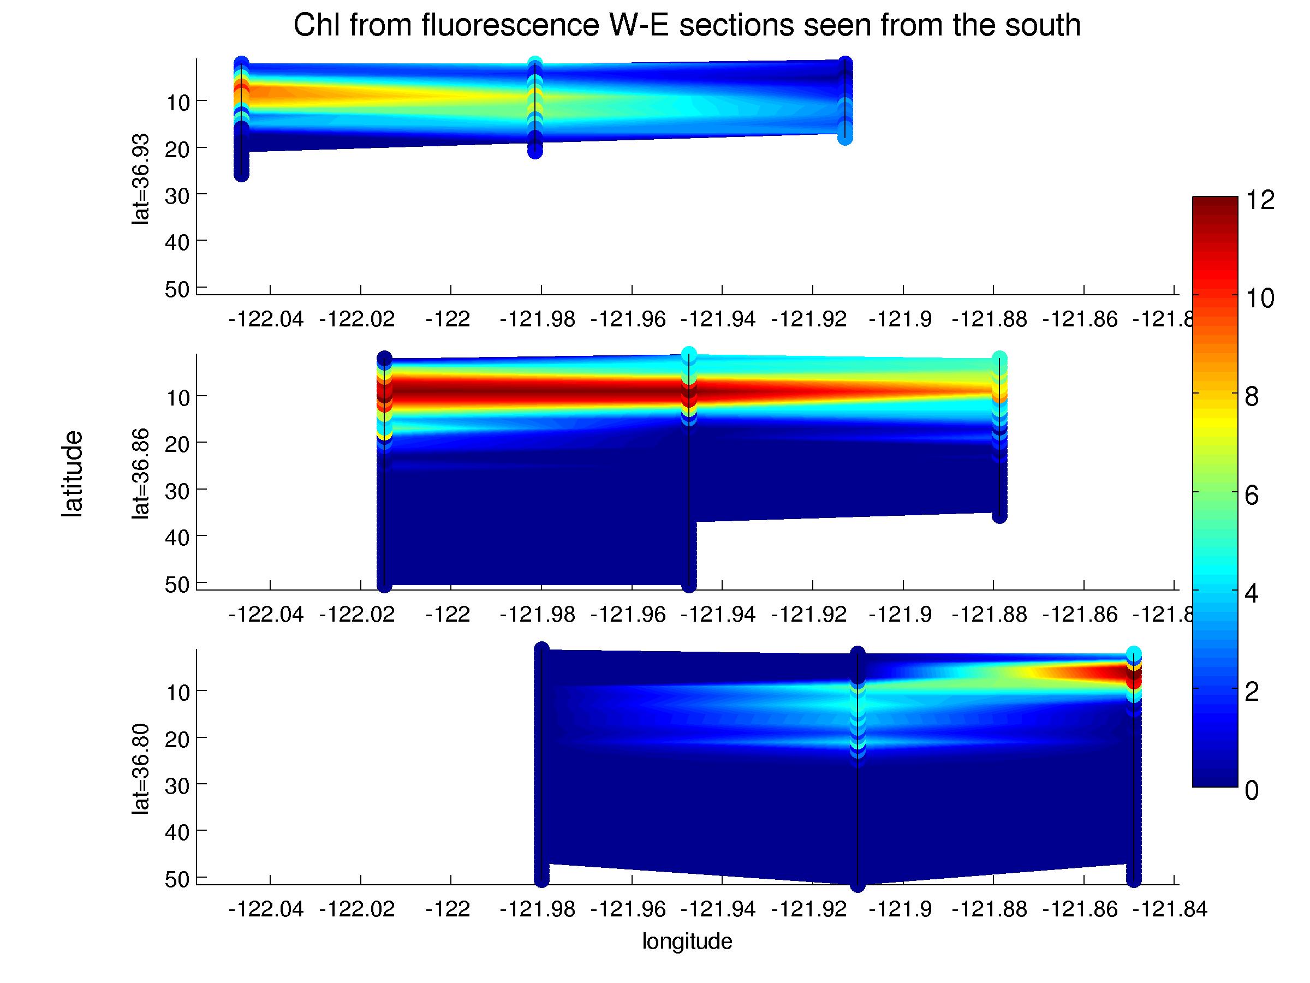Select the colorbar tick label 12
1260,200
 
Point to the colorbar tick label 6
1252,495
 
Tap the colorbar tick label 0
1252,790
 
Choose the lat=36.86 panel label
140,474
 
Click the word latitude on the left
72,474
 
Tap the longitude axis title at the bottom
687,941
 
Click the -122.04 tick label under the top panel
266,320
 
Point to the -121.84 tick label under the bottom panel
1170,909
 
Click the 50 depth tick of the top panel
176,290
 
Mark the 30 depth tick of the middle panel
176,491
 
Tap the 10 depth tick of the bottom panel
176,692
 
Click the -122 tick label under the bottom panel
448,909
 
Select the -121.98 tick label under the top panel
537,320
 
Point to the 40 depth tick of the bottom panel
176,832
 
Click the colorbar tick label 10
1260,299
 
